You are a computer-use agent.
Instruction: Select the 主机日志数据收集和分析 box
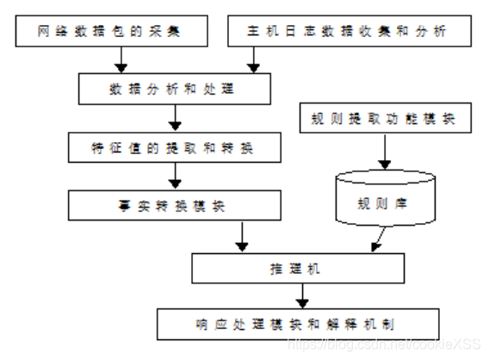tap(349, 33)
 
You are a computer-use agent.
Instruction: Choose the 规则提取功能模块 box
tap(385, 118)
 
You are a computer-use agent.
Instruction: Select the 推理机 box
tap(296, 269)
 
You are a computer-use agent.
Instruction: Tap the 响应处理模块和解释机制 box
tap(296, 325)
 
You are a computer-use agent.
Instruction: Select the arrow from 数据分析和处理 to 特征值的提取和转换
tap(176, 118)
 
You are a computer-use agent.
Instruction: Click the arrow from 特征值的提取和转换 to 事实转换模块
tap(176, 177)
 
